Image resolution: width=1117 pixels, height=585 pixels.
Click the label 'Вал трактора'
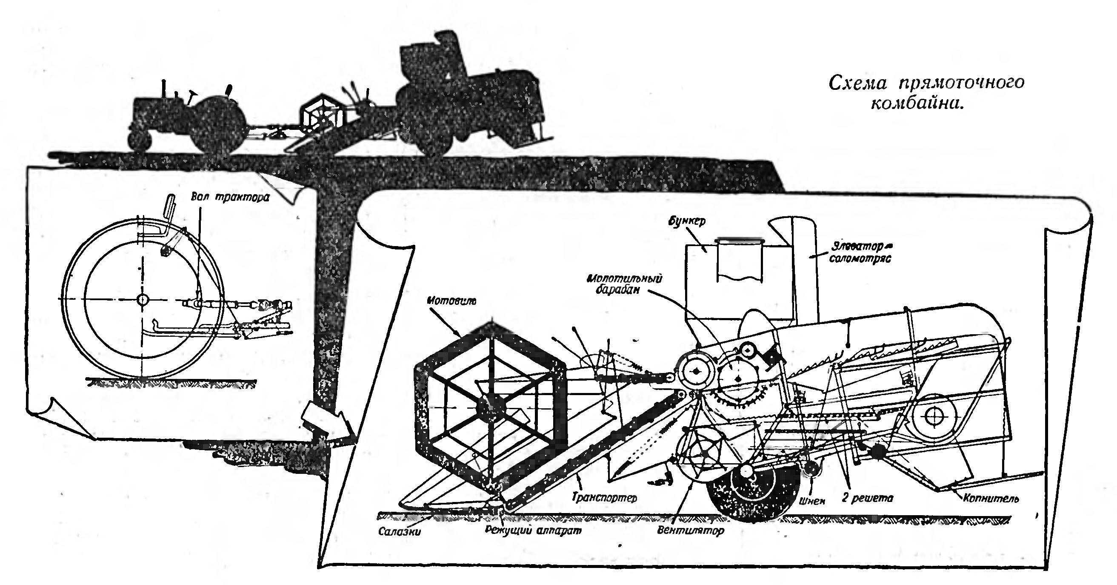pyautogui.click(x=230, y=197)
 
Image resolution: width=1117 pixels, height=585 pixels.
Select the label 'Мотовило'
pyautogui.click(x=451, y=300)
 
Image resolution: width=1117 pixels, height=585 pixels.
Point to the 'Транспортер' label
pyautogui.click(x=604, y=497)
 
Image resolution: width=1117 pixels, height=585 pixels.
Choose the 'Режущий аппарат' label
pyautogui.click(x=533, y=530)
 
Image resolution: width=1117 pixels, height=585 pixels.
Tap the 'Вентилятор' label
pyautogui.click(x=690, y=530)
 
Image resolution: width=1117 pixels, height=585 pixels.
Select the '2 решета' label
pyautogui.click(x=867, y=498)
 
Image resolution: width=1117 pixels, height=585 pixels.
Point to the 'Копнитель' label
pyautogui.click(x=990, y=499)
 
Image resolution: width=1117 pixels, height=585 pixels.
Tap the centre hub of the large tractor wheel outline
pyautogui.click(x=142, y=299)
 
